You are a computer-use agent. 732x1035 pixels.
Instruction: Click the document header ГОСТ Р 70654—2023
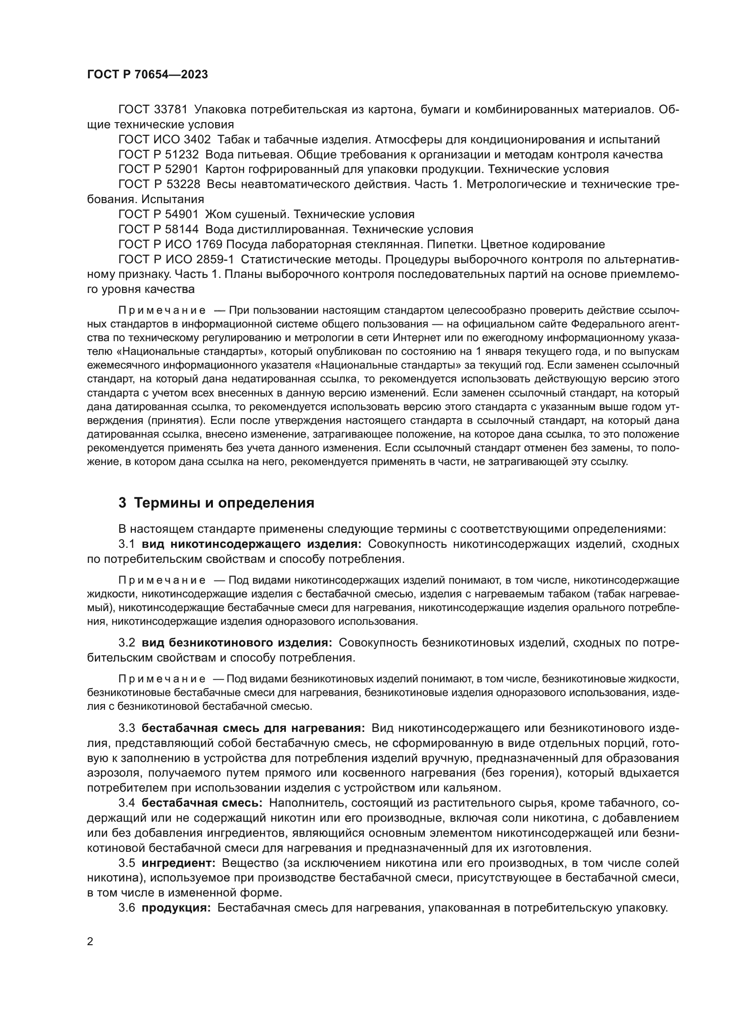[x=147, y=75]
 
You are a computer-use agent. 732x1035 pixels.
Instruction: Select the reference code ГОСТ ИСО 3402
[x=164, y=139]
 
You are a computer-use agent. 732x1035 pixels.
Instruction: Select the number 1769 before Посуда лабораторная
[x=209, y=244]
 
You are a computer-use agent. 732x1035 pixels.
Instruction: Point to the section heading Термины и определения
[x=224, y=502]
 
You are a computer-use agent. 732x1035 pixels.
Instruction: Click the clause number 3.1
[x=127, y=544]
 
